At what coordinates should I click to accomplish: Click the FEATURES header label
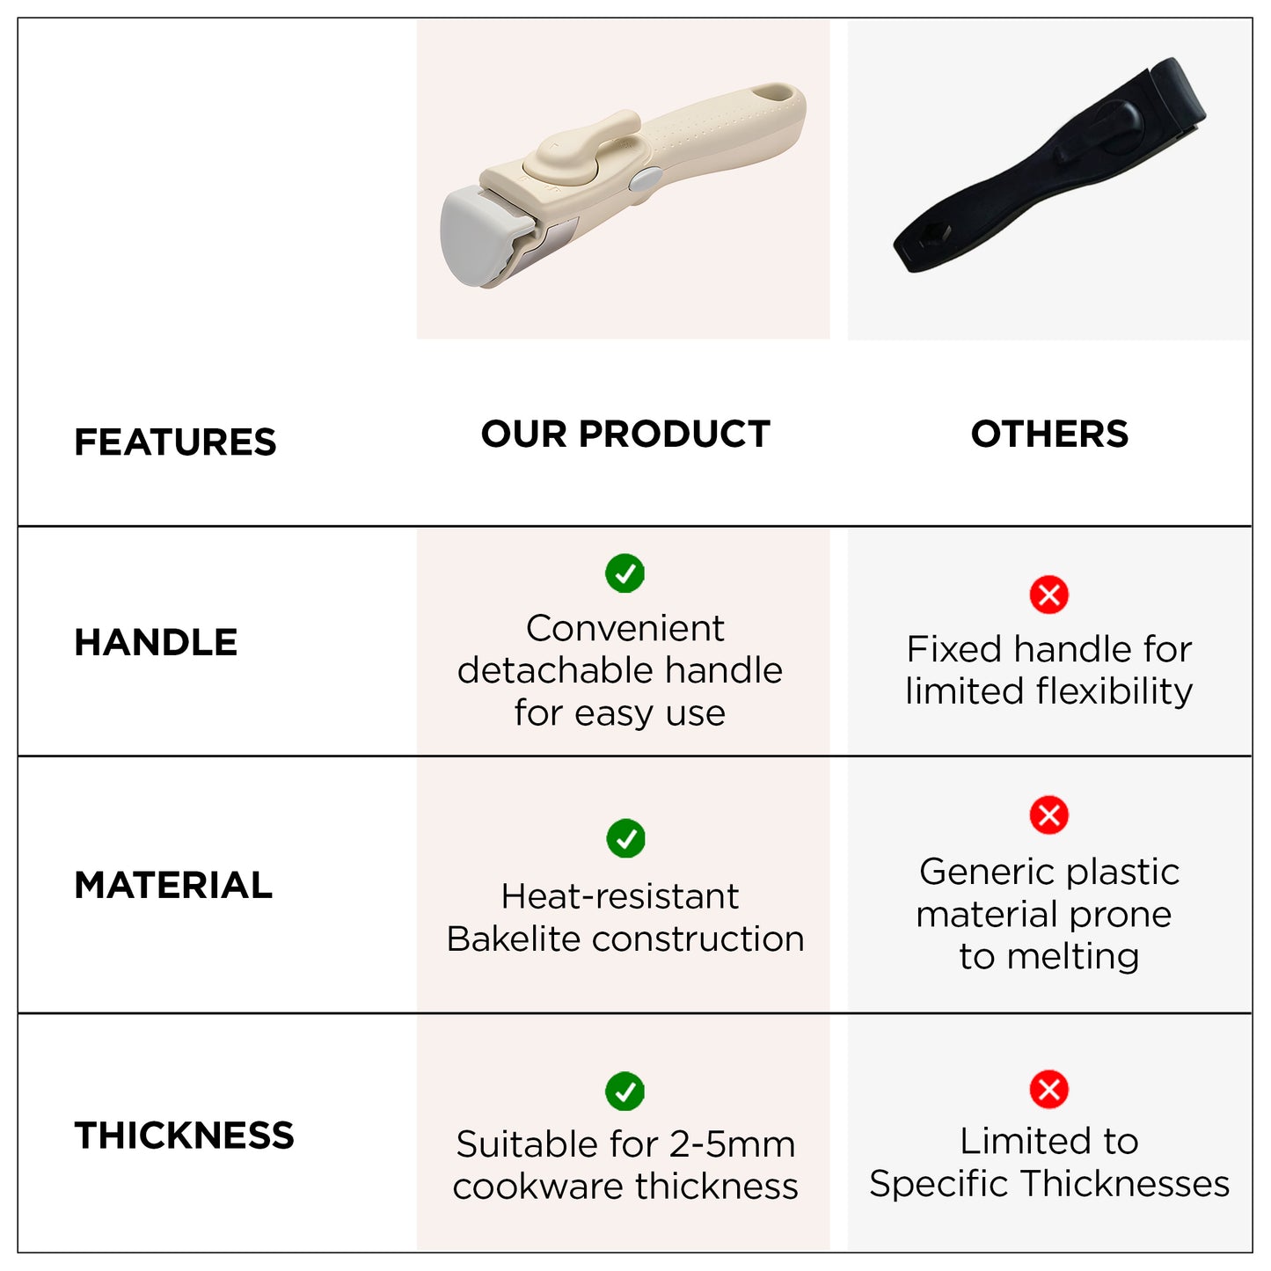pyautogui.click(x=175, y=442)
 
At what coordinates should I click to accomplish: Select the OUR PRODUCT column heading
pyautogui.click(x=625, y=434)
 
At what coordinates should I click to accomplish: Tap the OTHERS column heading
pyautogui.click(x=1049, y=434)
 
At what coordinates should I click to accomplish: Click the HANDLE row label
pyautogui.click(x=156, y=642)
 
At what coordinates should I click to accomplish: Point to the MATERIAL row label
pyautogui.click(x=173, y=885)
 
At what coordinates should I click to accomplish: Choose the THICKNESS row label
pyautogui.click(x=184, y=1136)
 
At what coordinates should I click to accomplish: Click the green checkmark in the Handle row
pyautogui.click(x=625, y=573)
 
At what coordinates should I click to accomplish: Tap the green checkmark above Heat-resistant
pyautogui.click(x=625, y=838)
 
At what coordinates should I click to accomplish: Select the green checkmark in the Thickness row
pyautogui.click(x=625, y=1092)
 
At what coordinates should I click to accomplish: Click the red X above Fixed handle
pyautogui.click(x=1049, y=595)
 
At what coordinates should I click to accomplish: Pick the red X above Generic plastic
pyautogui.click(x=1049, y=814)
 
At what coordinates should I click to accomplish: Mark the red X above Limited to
pyautogui.click(x=1049, y=1089)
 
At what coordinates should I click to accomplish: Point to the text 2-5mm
pyautogui.click(x=732, y=1144)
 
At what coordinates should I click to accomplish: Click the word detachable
pyautogui.click(x=556, y=670)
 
